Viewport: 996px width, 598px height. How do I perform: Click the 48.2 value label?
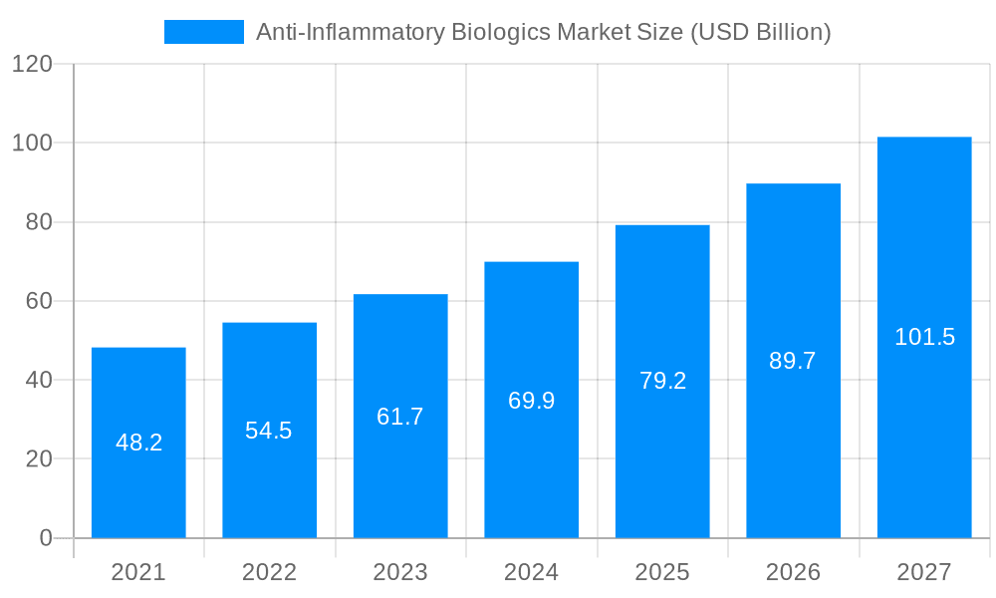pyautogui.click(x=138, y=443)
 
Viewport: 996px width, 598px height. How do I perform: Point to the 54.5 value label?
pyautogui.click(x=269, y=431)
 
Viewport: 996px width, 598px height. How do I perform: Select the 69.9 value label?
pyautogui.click(x=531, y=401)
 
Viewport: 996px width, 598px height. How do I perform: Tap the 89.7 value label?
pyautogui.click(x=793, y=361)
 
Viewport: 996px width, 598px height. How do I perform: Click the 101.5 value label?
pyautogui.click(x=924, y=337)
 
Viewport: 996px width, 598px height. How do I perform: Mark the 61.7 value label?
pyautogui.click(x=400, y=417)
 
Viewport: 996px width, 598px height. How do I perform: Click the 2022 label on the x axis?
pyautogui.click(x=269, y=572)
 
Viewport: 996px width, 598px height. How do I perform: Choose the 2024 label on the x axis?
pyautogui.click(x=531, y=572)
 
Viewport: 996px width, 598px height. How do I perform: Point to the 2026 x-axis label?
pyautogui.click(x=793, y=572)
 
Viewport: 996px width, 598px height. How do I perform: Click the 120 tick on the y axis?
pyautogui.click(x=32, y=65)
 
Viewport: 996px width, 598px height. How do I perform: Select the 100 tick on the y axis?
pyautogui.click(x=32, y=144)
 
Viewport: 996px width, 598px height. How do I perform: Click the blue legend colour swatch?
pyautogui.click(x=204, y=32)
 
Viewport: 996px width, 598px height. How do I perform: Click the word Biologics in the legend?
pyautogui.click(x=501, y=32)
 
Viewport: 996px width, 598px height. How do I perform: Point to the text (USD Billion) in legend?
pyautogui.click(x=758, y=32)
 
